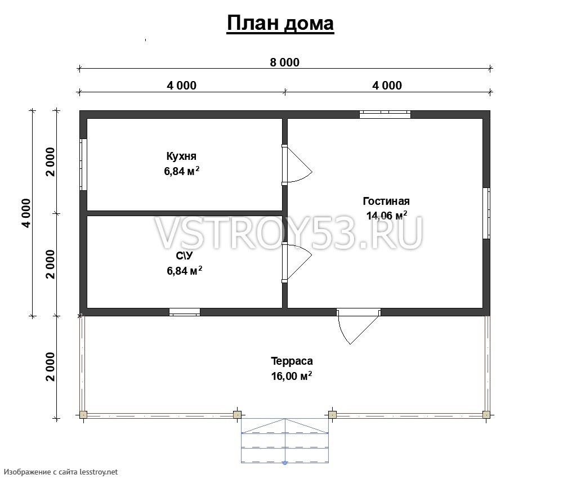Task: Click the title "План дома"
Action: coord(280,23)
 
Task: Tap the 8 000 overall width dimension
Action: coord(284,62)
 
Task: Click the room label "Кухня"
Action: coord(181,156)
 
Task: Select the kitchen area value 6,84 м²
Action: coord(182,171)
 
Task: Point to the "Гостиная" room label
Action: coord(386,201)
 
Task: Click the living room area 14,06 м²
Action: coord(387,215)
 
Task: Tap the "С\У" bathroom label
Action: coord(184,256)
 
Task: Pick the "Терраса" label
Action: coord(292,361)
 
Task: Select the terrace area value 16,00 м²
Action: coord(292,376)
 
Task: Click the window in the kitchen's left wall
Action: coord(83,164)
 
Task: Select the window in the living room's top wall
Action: coord(385,114)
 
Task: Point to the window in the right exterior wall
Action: coord(486,213)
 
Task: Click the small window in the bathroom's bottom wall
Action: coord(185,312)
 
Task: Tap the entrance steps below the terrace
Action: coord(285,441)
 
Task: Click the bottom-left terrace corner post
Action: coord(83,414)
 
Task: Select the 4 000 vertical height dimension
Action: coord(26,213)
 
